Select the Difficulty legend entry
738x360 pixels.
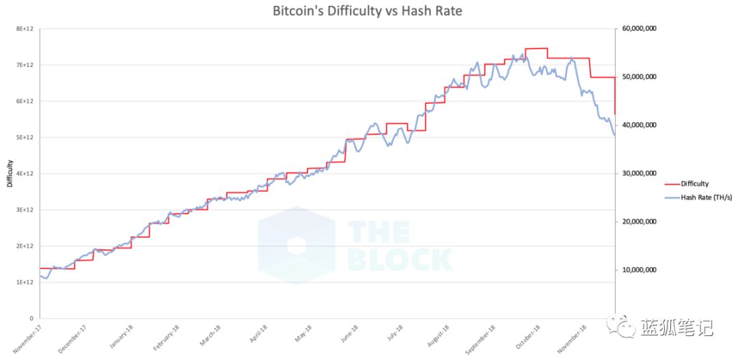tap(694, 184)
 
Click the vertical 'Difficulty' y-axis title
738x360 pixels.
tap(10, 174)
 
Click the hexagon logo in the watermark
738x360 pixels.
tap(296, 245)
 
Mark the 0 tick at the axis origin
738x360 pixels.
tap(31, 318)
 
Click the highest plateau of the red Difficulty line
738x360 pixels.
tap(536, 49)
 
